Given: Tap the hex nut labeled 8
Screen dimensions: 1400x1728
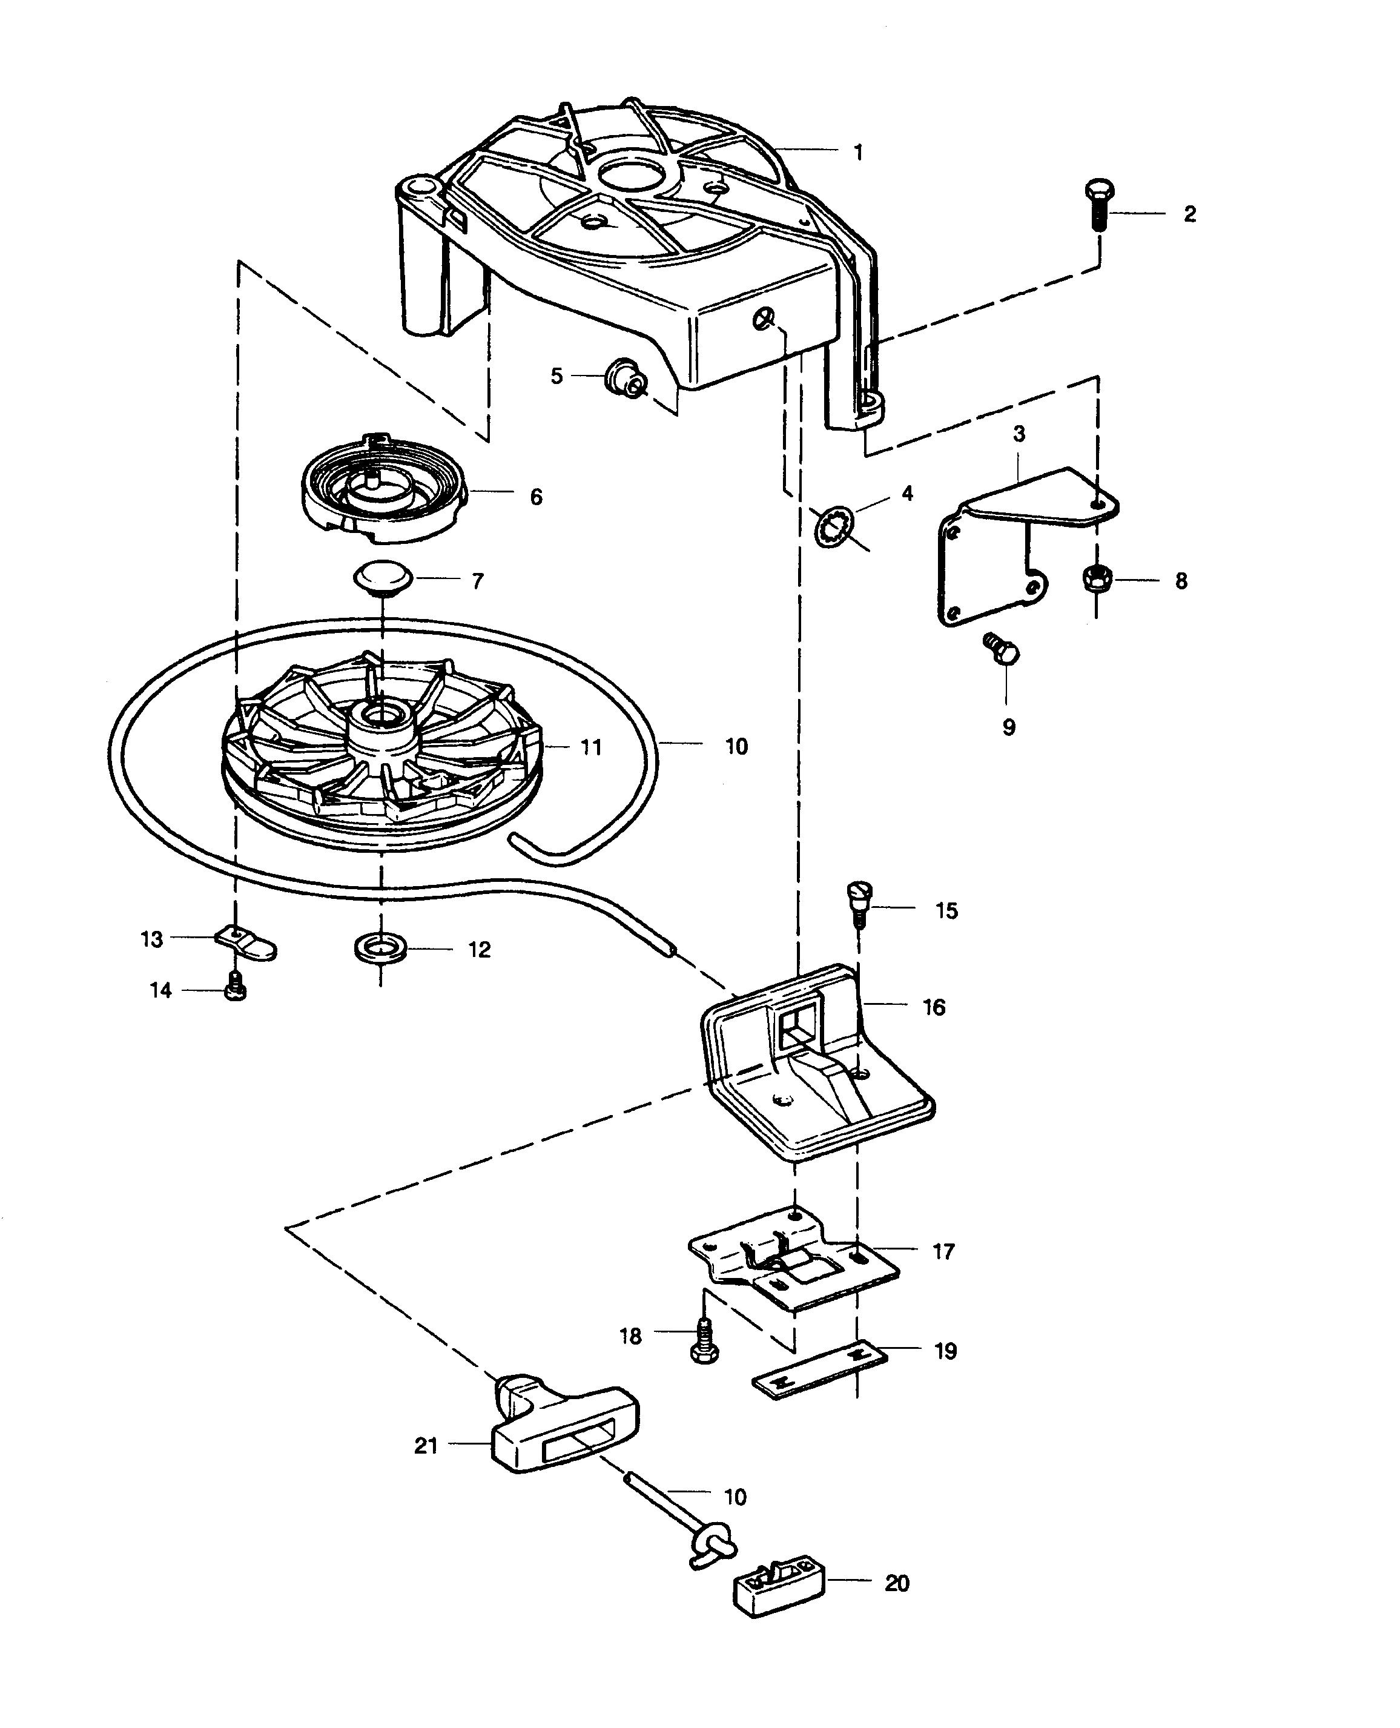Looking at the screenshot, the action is click(x=1096, y=578).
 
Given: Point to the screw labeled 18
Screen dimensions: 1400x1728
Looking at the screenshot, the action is click(x=704, y=1342).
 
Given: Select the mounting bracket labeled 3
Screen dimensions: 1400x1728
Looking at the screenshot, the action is click(x=1029, y=547).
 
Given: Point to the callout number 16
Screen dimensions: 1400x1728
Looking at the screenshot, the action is click(x=934, y=1008).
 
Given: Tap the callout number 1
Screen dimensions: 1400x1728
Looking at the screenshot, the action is click(x=858, y=153).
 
